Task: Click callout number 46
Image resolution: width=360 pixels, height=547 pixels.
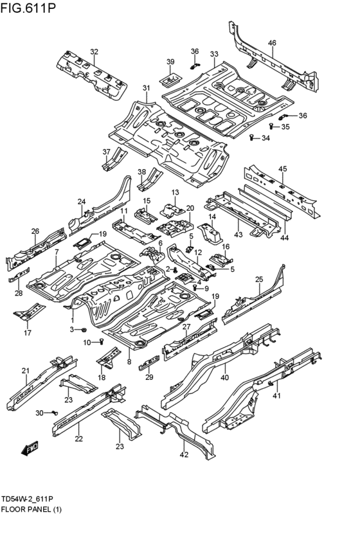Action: [272, 43]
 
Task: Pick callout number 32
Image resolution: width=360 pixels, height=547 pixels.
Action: [94, 51]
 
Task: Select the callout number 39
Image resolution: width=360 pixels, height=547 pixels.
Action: [170, 62]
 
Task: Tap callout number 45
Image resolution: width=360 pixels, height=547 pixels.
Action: [282, 168]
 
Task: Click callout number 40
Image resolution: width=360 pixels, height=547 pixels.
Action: [225, 377]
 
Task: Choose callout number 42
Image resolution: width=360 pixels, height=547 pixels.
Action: [184, 454]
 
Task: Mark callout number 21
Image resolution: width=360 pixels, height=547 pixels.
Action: [26, 370]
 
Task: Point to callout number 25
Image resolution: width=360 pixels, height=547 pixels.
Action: [259, 279]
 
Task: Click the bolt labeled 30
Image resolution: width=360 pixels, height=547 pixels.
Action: [55, 412]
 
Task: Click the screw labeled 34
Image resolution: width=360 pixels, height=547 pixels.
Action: [251, 138]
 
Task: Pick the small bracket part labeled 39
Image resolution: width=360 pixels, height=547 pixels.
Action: [170, 80]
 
